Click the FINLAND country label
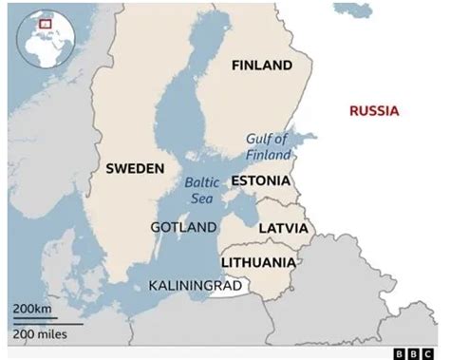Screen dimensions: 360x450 (261, 66)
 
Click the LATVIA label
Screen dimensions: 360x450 (283, 229)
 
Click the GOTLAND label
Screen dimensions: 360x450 (182, 227)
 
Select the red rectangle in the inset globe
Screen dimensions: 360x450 (45, 22)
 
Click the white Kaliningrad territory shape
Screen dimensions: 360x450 (229, 285)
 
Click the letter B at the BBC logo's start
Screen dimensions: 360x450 (406, 351)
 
